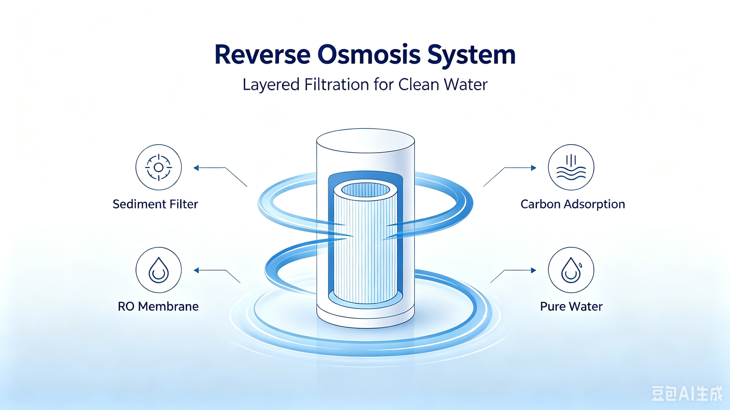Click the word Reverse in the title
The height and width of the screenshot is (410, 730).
(262, 54)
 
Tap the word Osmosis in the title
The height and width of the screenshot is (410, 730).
(369, 54)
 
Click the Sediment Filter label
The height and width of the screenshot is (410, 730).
(155, 204)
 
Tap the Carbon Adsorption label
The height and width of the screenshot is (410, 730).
(573, 204)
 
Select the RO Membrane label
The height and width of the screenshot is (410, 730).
(158, 307)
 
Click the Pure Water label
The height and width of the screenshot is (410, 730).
(571, 307)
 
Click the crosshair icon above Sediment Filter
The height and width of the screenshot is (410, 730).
(159, 167)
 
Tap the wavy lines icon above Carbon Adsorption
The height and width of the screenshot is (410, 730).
(571, 167)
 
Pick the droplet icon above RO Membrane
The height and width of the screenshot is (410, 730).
(159, 270)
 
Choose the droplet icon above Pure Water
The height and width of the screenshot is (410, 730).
(571, 270)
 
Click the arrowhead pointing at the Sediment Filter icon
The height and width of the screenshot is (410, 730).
(196, 168)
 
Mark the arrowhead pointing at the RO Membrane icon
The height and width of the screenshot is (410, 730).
(196, 270)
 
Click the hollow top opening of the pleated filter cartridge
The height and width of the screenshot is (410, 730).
(366, 190)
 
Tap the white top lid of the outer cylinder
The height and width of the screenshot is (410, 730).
(366, 141)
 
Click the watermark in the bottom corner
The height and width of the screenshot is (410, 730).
(687, 393)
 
